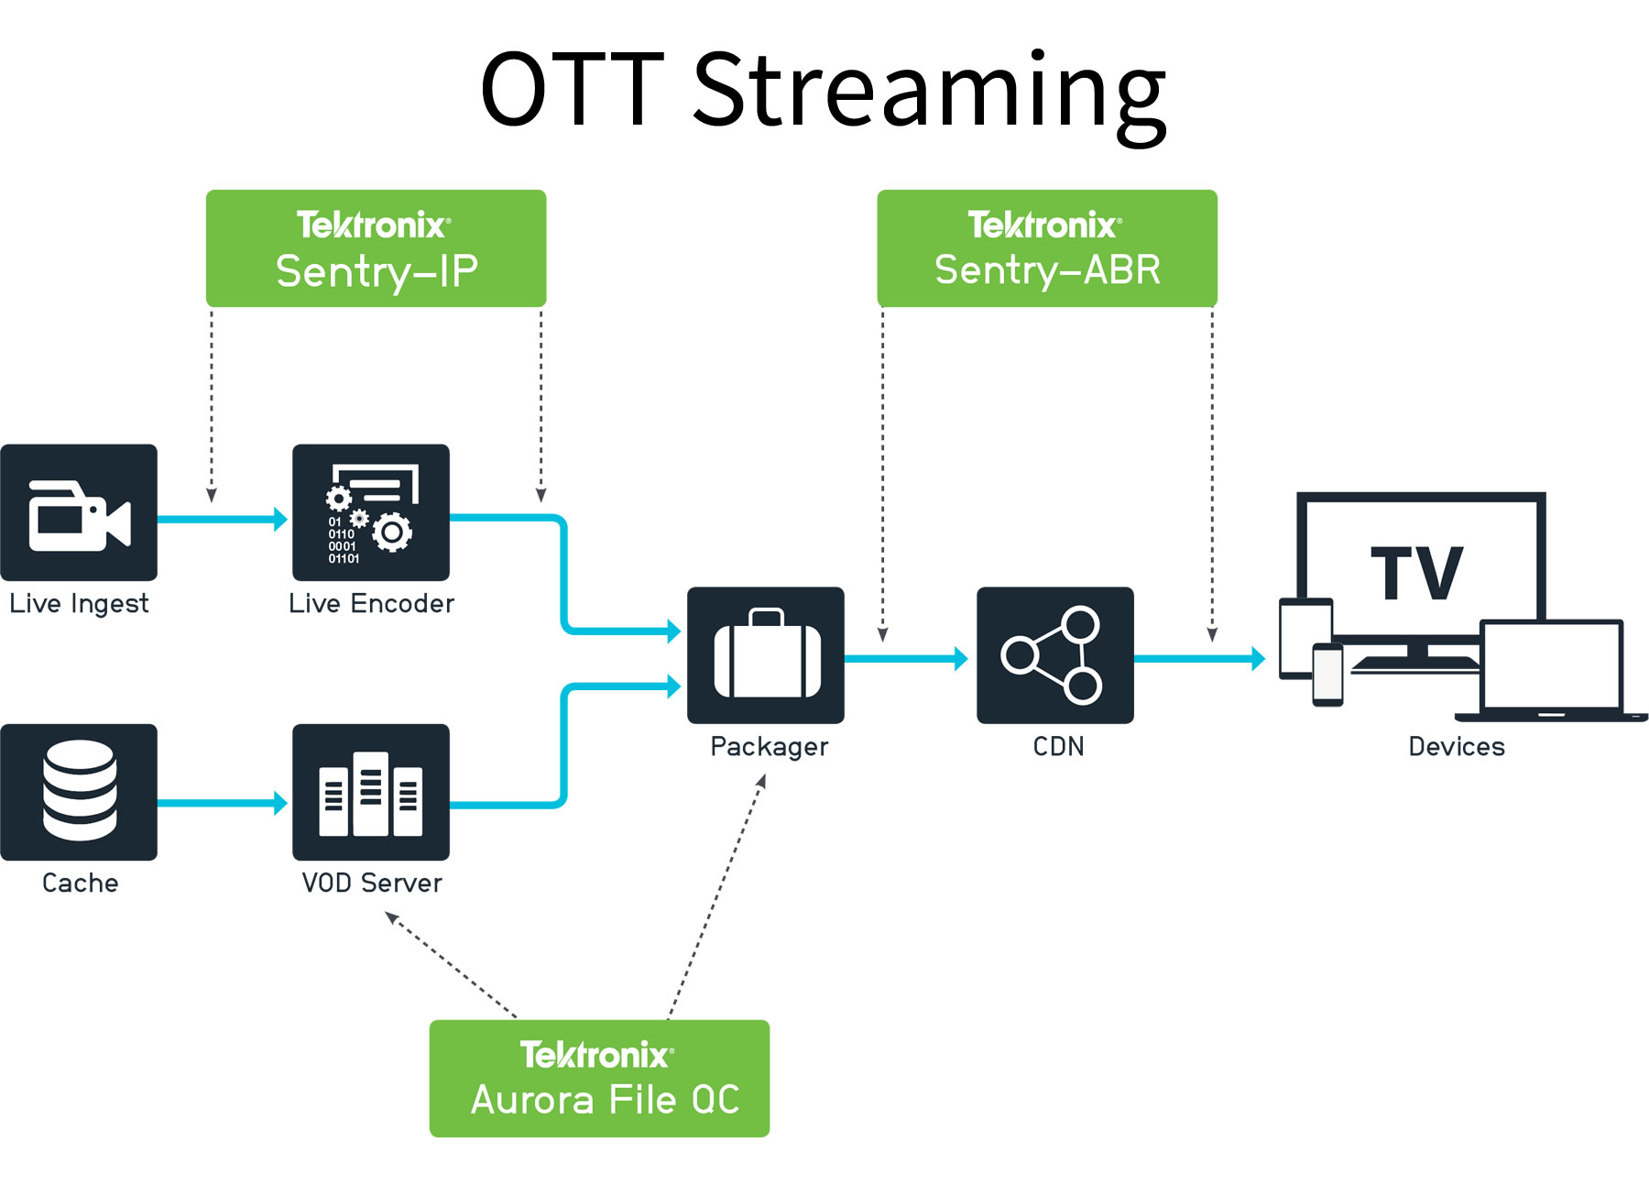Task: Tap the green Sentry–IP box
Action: point(376,248)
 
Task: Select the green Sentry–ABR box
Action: point(1046,248)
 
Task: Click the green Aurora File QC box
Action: point(599,1079)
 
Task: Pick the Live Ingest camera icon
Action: point(79,513)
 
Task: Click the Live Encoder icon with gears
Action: point(370,513)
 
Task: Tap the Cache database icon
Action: point(79,792)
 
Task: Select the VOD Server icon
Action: point(370,792)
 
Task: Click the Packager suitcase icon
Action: point(766,655)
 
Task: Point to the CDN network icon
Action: point(1054,655)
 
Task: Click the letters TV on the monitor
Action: point(1416,574)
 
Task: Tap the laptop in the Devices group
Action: point(1551,669)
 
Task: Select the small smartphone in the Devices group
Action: point(1327,675)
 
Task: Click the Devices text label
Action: point(1456,747)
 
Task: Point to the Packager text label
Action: point(769,747)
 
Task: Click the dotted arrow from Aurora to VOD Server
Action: point(451,964)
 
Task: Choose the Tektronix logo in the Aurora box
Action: point(596,1055)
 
